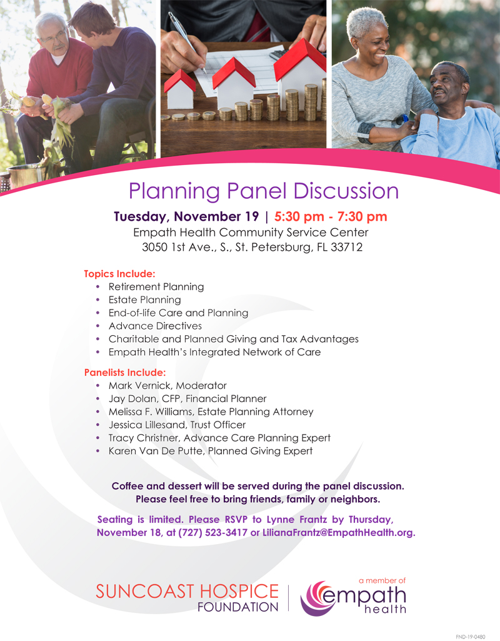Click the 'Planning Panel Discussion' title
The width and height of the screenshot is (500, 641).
[264, 191]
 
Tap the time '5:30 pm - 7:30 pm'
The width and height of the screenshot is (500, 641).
[331, 216]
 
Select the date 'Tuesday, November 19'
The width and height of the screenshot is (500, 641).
[186, 216]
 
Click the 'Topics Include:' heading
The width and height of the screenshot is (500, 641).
[120, 273]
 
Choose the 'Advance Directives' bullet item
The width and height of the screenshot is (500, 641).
[155, 326]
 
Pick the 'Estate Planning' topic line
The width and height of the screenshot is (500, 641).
[144, 300]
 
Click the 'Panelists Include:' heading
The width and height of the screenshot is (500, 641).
[125, 373]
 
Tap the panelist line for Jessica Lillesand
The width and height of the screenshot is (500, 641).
[177, 425]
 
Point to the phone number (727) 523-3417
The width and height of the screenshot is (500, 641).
[213, 533]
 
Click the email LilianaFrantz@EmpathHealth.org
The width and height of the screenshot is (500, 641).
[339, 533]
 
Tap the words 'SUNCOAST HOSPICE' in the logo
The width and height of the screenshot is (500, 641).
[187, 592]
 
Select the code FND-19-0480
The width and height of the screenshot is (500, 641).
[471, 637]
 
